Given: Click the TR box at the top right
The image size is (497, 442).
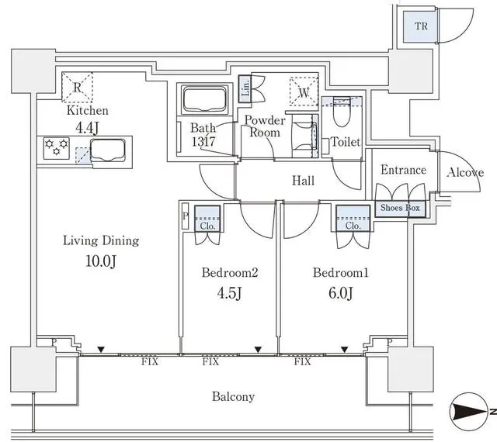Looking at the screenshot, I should click(421, 26).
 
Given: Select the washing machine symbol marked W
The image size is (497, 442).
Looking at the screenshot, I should click(303, 89).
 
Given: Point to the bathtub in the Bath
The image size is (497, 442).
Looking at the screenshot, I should click(203, 100).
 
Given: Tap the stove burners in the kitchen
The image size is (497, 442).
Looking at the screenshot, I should click(56, 147).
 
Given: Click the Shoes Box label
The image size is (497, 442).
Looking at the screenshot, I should click(401, 208).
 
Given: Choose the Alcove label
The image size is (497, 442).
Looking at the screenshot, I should click(465, 172).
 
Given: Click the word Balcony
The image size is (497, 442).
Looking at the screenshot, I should click(233, 397).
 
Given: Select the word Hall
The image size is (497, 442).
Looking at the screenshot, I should click(303, 181).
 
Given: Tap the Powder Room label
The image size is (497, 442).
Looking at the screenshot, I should click(265, 126).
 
